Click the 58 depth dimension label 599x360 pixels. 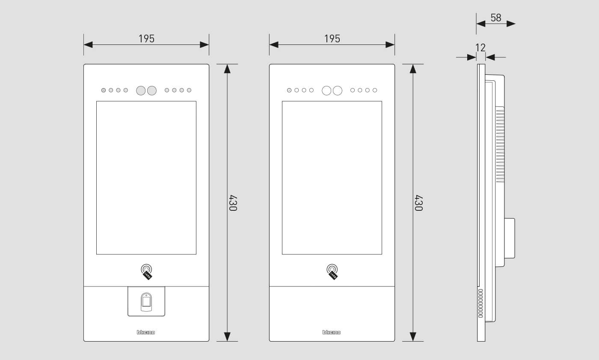tap(496, 18)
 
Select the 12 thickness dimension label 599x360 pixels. tap(480, 48)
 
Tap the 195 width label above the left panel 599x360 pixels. tap(146, 39)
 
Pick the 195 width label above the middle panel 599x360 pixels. tap(332, 39)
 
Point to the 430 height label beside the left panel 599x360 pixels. tap(233, 203)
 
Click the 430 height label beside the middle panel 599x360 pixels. tap(418, 203)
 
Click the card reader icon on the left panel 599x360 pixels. tap(146, 272)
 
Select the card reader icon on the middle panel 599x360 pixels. tap(332, 272)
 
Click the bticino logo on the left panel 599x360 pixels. tap(146, 332)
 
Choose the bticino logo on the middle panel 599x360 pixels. tap(332, 332)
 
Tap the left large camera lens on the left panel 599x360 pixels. tap(141, 91)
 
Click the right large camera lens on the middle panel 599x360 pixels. tap(338, 91)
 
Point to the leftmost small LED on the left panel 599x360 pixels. tap(104, 90)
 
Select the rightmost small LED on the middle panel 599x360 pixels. tap(375, 90)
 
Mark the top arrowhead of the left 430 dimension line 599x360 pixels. tap(227, 69)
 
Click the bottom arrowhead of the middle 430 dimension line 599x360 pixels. tap(413, 336)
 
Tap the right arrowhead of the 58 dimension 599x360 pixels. tap(511, 24)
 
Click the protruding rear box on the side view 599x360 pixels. tap(510, 239)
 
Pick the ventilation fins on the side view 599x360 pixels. tap(500, 145)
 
